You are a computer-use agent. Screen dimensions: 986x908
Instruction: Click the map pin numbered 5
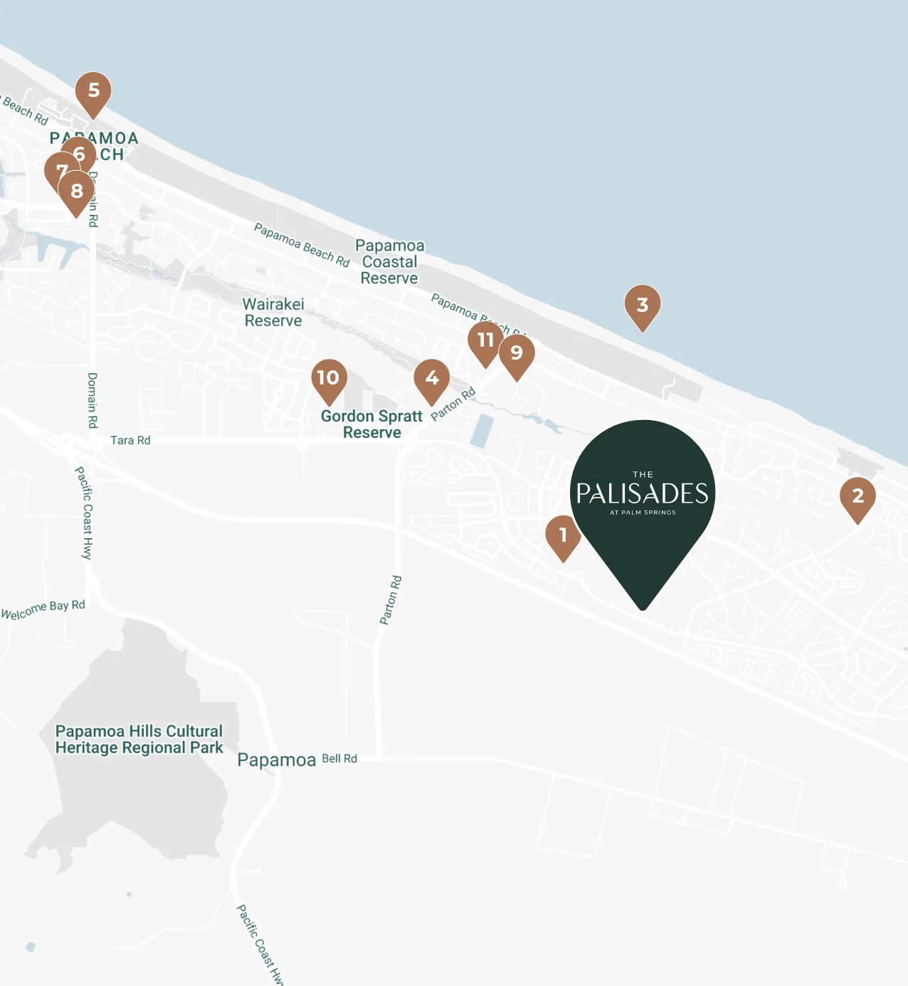93,91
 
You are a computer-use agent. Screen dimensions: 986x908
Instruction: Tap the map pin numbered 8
77,191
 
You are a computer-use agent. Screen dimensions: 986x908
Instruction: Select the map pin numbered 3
643,305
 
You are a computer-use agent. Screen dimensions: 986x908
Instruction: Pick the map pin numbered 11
485,340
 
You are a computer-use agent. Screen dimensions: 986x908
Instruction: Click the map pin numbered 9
517,352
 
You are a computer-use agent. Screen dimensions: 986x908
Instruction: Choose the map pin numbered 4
432,378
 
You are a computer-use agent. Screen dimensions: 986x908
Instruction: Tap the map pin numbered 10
329,377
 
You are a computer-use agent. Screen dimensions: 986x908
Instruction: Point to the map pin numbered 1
563,535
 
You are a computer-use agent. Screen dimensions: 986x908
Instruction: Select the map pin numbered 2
857,496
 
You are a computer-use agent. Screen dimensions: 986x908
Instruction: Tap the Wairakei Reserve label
273,313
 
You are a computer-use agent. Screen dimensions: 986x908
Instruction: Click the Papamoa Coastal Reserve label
390,262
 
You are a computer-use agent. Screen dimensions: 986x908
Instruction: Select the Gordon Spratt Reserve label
371,424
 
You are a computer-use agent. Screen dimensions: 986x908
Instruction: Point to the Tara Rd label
130,441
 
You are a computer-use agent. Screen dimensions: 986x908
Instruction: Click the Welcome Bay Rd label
43,609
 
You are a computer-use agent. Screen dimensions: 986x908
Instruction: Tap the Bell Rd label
339,759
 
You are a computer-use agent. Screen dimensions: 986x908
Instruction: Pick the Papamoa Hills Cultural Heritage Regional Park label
139,740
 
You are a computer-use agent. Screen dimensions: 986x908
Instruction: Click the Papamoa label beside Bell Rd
277,760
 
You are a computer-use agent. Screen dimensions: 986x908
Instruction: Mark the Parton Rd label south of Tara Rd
391,600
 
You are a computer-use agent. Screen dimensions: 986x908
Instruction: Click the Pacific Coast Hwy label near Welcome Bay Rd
84,513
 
